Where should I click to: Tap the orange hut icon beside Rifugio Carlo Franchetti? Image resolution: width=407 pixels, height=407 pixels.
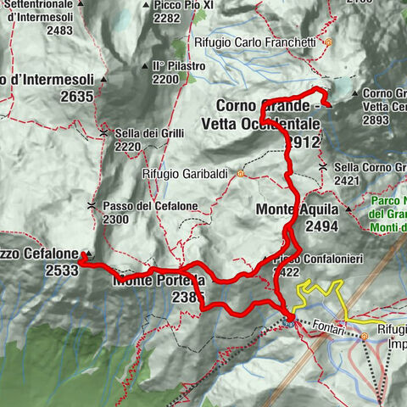328,42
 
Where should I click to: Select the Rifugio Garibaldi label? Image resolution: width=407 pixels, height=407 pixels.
186,174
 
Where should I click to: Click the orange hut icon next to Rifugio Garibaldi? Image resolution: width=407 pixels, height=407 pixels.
240,175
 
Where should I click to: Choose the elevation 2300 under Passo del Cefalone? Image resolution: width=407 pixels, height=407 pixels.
117,220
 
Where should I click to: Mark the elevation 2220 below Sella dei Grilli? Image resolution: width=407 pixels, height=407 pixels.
128,147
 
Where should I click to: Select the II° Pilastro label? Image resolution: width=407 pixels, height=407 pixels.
178,65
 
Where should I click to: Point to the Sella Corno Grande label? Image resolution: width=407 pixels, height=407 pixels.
370,167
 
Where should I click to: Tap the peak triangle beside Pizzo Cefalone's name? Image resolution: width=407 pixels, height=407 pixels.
86,254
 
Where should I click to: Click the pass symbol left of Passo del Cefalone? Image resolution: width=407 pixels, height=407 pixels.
91,206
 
